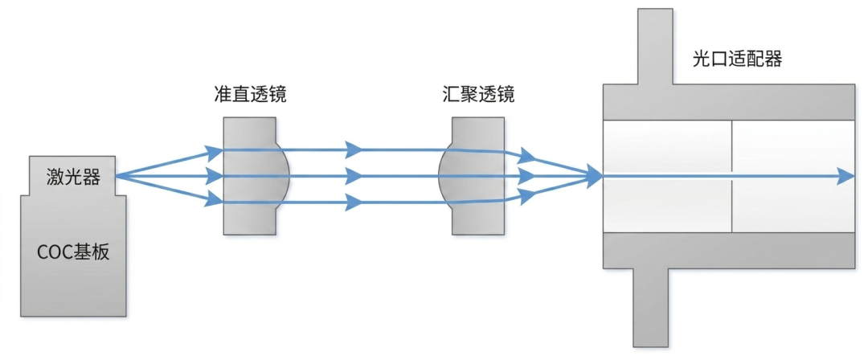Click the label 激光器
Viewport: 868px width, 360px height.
(73, 177)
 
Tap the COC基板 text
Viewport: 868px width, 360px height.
(73, 252)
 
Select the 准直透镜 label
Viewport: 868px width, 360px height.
(251, 95)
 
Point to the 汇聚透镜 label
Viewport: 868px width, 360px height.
(479, 95)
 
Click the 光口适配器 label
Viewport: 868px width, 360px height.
(737, 59)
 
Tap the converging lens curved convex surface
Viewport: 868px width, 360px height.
(444, 174)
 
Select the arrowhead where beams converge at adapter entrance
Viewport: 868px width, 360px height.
(593, 175)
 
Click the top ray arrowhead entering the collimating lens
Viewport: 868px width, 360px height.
(214, 151)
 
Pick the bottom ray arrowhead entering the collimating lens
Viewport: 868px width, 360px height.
(214, 198)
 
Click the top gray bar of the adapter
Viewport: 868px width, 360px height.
(728, 100)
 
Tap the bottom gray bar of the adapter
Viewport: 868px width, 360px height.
(728, 250)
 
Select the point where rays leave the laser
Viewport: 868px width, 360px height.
(117, 175)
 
